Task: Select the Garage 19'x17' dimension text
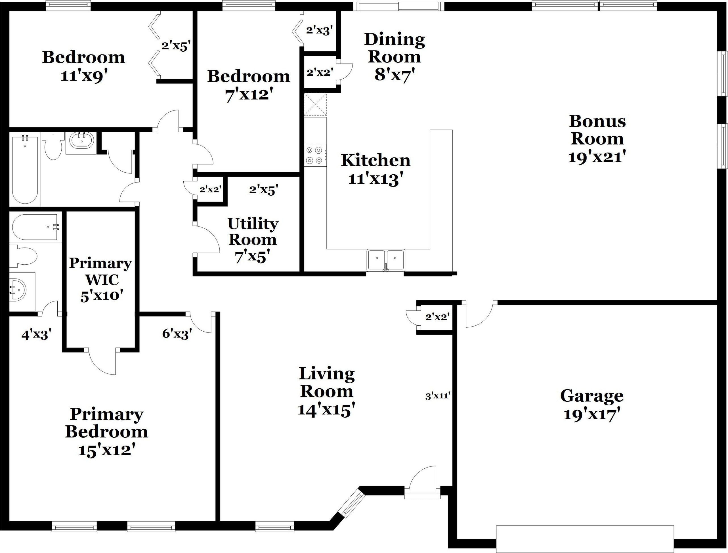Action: [592, 414]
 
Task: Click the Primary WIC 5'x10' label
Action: [100, 279]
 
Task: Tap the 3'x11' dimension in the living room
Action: [437, 396]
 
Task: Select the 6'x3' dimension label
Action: [177, 334]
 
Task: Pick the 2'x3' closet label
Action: [319, 30]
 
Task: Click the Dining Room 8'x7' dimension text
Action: [394, 74]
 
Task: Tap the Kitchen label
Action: [375, 160]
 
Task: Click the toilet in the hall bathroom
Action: [53, 147]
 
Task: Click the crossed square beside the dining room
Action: [315, 104]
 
